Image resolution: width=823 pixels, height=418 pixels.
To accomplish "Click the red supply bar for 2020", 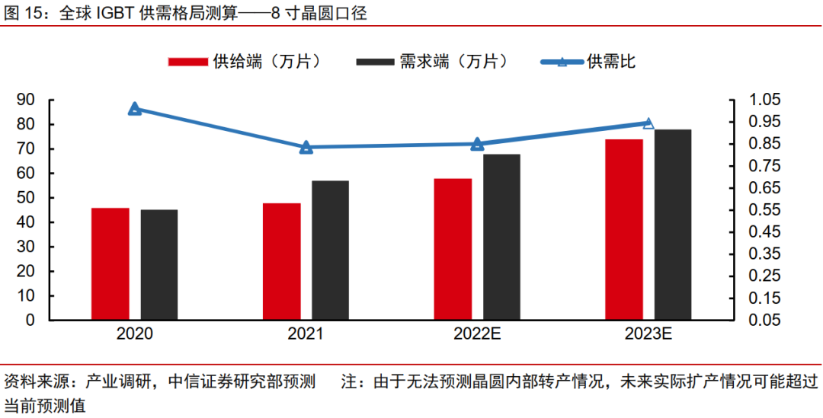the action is point(110,263).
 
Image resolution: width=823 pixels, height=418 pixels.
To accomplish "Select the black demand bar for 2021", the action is point(330,250).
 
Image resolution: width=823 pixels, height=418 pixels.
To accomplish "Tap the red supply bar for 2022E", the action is point(453,249).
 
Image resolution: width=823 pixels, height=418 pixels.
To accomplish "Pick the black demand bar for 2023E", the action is point(673,225).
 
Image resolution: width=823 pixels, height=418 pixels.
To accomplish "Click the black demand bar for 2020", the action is point(159,265).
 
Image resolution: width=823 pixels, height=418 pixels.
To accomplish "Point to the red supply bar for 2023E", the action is point(624,230).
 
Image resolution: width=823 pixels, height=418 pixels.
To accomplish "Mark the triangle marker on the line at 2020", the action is point(134,109).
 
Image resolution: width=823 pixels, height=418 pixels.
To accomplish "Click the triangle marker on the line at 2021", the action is point(306,148).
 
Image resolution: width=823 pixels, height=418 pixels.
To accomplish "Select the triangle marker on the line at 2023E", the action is point(648,123).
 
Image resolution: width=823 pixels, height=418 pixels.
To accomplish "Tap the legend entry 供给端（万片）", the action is point(245,62).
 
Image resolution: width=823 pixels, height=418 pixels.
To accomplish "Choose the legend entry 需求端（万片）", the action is point(433,62).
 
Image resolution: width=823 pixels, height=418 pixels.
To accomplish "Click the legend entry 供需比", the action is point(588,62).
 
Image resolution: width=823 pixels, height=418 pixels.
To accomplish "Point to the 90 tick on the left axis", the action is point(26,100).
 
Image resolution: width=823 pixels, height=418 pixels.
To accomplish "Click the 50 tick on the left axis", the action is point(26,198).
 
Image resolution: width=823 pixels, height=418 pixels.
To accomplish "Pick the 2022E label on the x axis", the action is point(477,334).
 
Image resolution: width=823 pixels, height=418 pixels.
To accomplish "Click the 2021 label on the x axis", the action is point(306,334).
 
